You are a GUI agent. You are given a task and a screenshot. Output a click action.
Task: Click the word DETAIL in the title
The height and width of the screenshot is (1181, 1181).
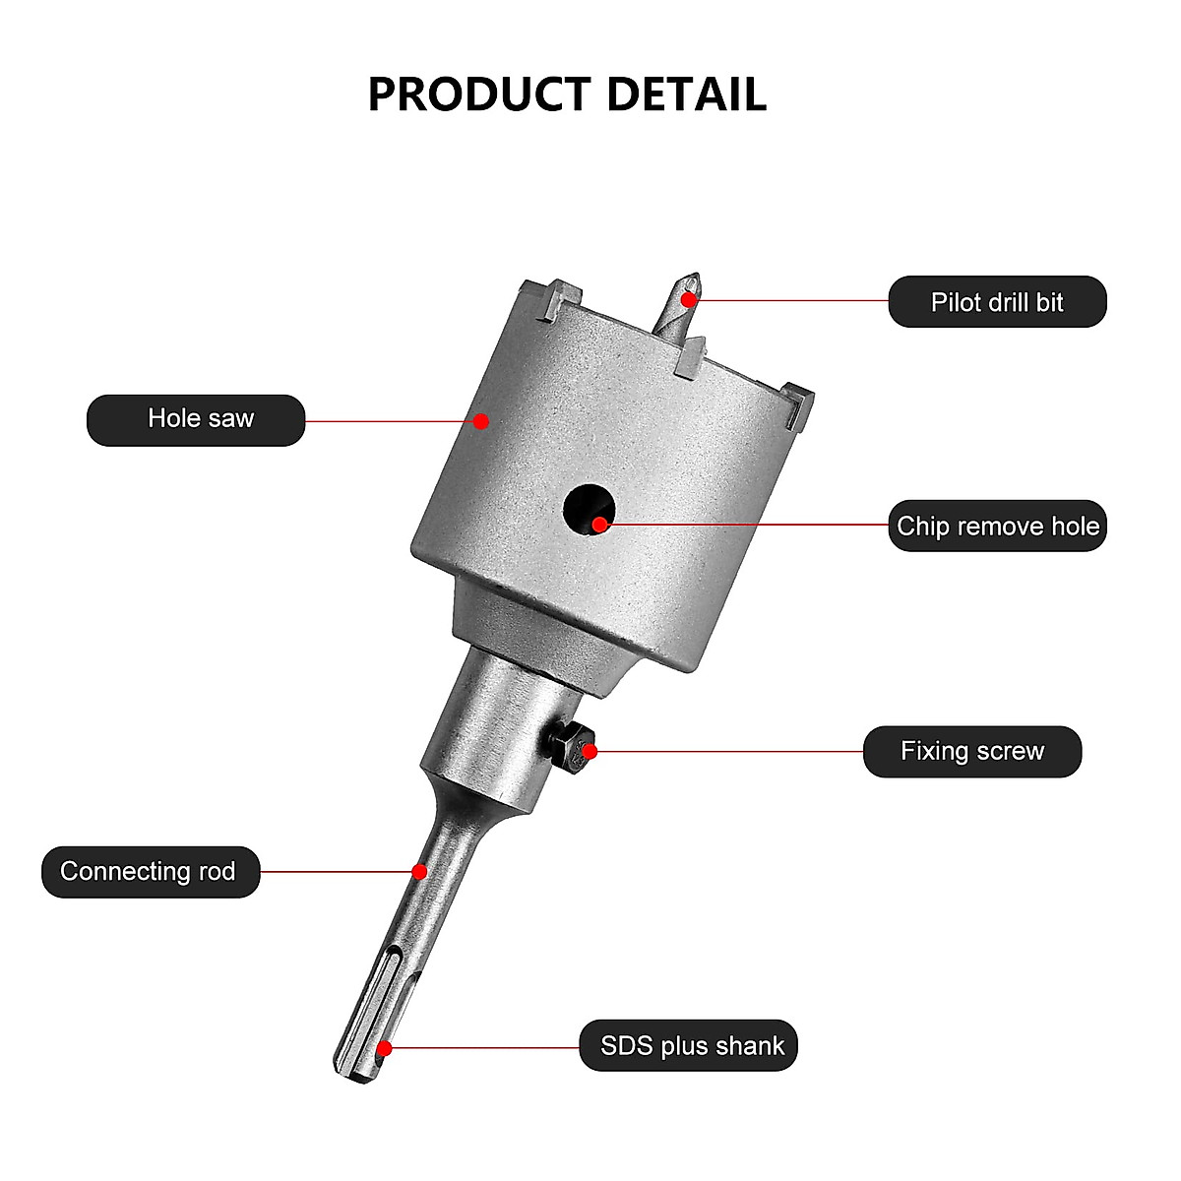pyautogui.click(x=686, y=94)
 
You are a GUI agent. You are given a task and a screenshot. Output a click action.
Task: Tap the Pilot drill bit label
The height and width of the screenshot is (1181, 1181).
pyautogui.click(x=997, y=302)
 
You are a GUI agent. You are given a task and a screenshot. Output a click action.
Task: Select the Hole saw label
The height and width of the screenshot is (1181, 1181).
pyautogui.click(x=200, y=419)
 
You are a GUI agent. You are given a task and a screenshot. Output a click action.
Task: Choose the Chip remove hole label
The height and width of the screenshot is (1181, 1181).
pyautogui.click(x=997, y=526)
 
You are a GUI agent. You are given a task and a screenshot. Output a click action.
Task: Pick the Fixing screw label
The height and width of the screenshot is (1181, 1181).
pyautogui.click(x=971, y=752)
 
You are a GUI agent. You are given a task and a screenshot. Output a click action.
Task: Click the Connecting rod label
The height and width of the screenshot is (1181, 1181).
pyautogui.click(x=150, y=872)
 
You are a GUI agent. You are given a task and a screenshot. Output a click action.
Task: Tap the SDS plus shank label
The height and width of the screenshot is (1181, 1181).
pyautogui.click(x=691, y=1045)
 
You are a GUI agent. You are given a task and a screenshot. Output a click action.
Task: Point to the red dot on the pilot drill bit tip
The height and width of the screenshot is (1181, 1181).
pyautogui.click(x=691, y=298)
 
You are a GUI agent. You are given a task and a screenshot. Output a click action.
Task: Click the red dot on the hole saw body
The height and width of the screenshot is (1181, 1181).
pyautogui.click(x=481, y=421)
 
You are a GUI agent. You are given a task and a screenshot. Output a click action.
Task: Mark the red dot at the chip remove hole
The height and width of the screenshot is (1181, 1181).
pyautogui.click(x=599, y=525)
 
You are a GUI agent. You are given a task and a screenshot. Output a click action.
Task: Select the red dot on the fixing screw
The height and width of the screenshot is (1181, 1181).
pyautogui.click(x=590, y=752)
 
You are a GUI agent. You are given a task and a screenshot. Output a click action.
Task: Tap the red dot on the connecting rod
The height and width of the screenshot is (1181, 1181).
pyautogui.click(x=419, y=872)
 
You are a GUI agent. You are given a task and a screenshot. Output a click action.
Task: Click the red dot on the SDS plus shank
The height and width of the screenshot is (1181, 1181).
pyautogui.click(x=385, y=1049)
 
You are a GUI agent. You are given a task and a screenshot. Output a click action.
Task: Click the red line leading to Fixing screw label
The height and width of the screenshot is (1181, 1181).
pyautogui.click(x=728, y=752)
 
